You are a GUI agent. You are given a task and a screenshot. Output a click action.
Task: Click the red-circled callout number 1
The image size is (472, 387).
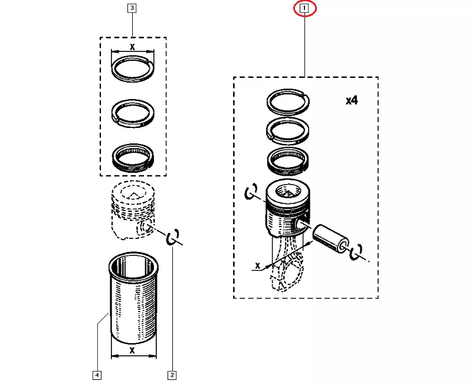[x=304, y=9]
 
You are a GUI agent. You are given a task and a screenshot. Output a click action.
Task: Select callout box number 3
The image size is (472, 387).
[x=132, y=8]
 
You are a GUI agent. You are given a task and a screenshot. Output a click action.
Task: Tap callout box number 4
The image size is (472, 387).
[x=97, y=374]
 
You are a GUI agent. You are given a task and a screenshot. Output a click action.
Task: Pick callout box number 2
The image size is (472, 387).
[x=172, y=374]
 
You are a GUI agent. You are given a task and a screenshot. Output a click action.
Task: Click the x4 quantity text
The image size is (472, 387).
[x=352, y=100]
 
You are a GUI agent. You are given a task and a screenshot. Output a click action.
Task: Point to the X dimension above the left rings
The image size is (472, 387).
[x=133, y=47]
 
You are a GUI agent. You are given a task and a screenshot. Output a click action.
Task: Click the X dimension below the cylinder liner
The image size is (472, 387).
[x=133, y=350]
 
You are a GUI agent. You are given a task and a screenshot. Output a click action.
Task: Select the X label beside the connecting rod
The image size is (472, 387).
[x=257, y=266]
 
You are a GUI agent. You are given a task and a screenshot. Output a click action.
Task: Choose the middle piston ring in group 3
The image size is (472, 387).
[x=133, y=112]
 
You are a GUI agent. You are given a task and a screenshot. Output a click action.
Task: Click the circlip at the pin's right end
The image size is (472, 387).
[x=356, y=252]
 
